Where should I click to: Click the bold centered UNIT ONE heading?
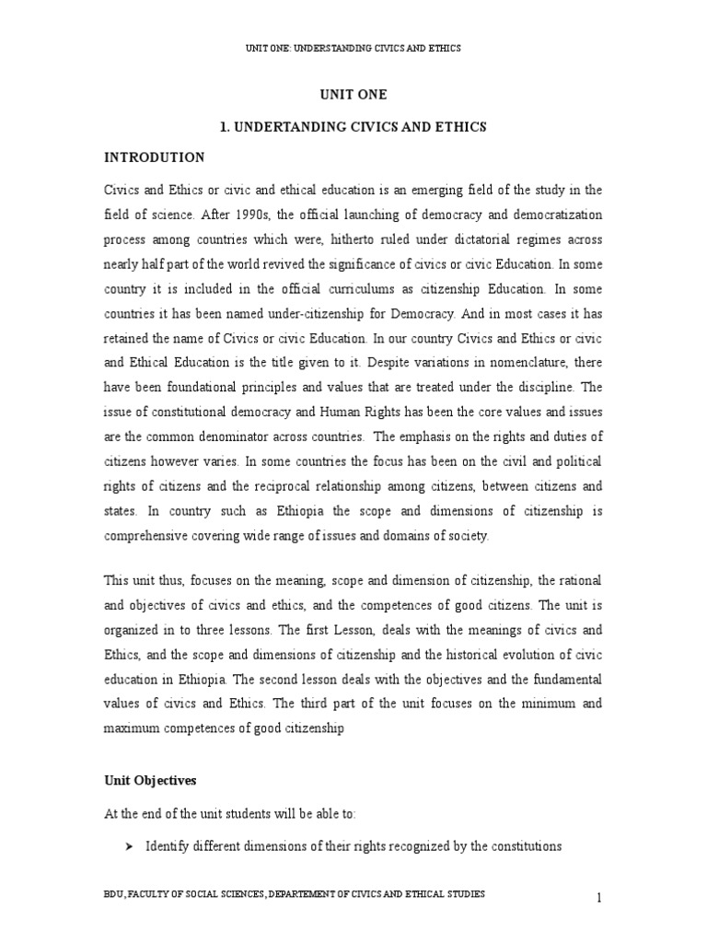[353, 95]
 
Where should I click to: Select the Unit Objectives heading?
[150, 779]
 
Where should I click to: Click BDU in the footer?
[117, 894]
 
